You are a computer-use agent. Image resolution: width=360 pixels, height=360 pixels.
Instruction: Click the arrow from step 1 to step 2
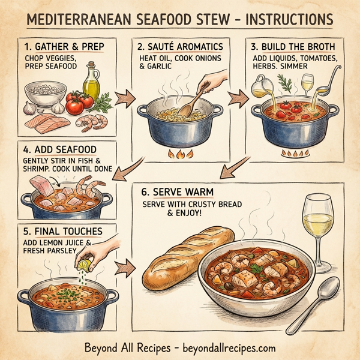point(124,96)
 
